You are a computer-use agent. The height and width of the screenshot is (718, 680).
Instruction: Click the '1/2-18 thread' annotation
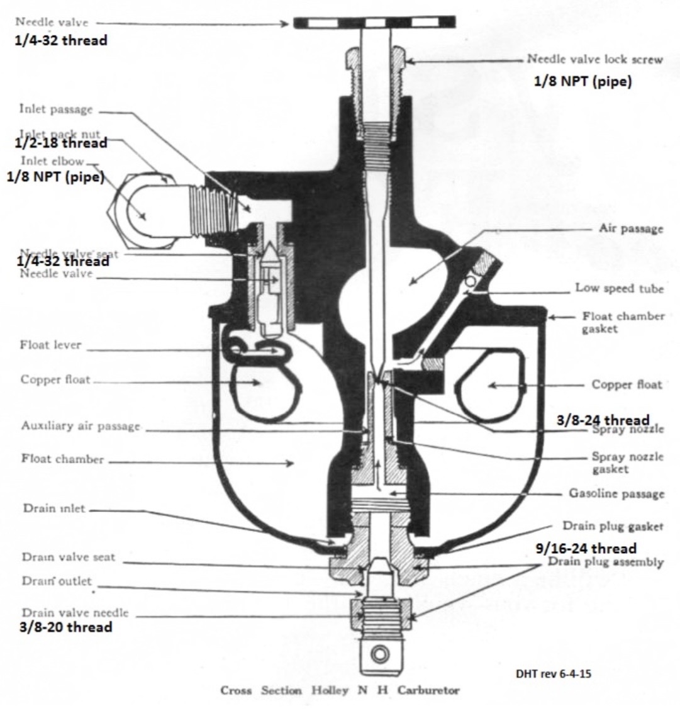point(61,143)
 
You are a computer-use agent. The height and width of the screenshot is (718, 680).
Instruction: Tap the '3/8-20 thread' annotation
point(67,627)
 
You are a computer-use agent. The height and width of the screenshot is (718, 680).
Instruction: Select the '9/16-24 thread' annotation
point(585,548)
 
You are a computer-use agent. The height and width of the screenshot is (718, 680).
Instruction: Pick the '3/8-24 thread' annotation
point(603,420)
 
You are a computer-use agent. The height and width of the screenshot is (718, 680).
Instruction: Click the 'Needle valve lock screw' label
point(594,60)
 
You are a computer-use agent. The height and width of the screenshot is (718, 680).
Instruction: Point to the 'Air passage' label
point(630,228)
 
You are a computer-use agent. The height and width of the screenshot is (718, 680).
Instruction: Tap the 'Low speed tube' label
point(619,288)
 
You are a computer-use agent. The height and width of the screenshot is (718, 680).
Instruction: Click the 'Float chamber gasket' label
point(623,322)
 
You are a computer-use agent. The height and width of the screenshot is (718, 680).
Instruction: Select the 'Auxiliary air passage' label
point(81,426)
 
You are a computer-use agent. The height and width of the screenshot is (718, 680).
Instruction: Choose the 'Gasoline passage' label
point(616,493)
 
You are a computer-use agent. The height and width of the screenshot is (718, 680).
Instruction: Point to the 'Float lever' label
point(50,345)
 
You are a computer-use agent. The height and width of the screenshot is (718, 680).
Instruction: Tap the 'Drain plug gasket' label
point(612,526)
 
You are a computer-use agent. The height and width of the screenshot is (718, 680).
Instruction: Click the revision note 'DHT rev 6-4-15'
point(553,673)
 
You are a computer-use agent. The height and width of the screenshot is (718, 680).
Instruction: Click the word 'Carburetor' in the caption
point(428,690)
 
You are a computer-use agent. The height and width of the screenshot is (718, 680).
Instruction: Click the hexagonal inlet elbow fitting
point(142,214)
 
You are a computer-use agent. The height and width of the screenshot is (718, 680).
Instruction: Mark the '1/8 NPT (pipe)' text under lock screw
point(582,82)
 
